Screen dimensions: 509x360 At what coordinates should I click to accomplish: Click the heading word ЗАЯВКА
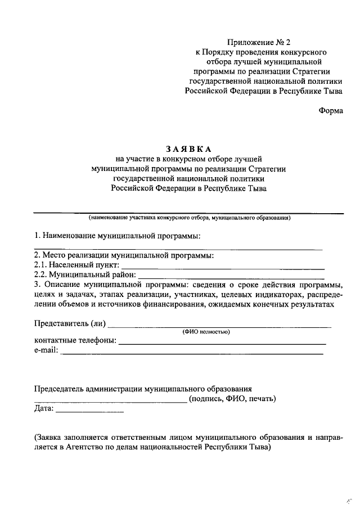click(188, 149)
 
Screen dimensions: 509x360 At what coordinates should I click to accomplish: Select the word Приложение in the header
click(250, 43)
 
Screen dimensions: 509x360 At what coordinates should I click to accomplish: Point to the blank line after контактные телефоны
click(222, 343)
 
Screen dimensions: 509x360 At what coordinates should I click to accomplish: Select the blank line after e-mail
click(192, 353)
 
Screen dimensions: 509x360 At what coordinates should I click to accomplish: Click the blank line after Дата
click(90, 412)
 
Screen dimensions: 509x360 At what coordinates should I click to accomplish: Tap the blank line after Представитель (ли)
click(219, 326)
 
